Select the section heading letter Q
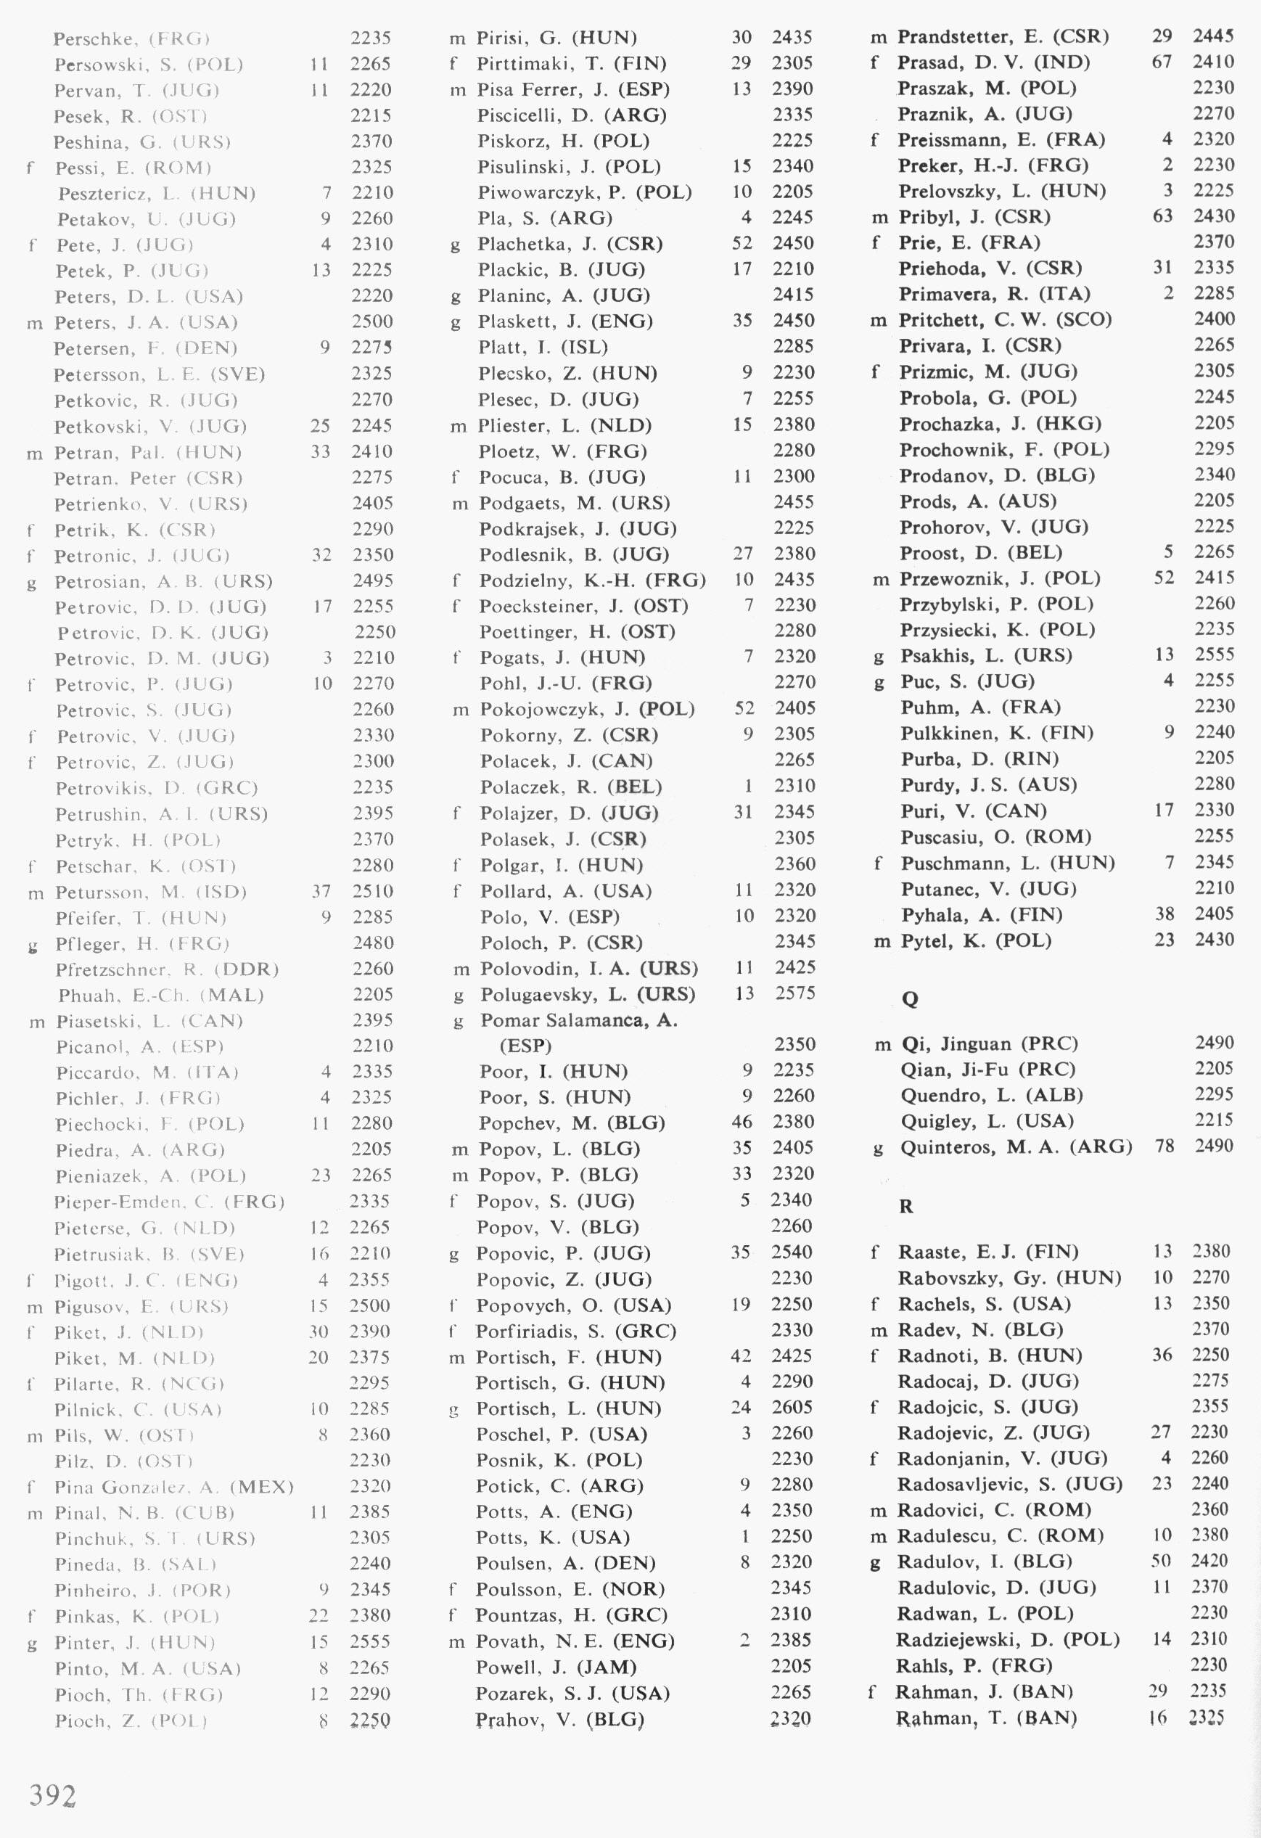910,999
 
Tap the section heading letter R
906,1206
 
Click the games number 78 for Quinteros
1164,1146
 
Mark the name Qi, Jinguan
956,1044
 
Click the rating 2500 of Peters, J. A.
371,322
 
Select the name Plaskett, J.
526,321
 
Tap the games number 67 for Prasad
1162,62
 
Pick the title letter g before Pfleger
33,944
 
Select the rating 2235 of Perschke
371,38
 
